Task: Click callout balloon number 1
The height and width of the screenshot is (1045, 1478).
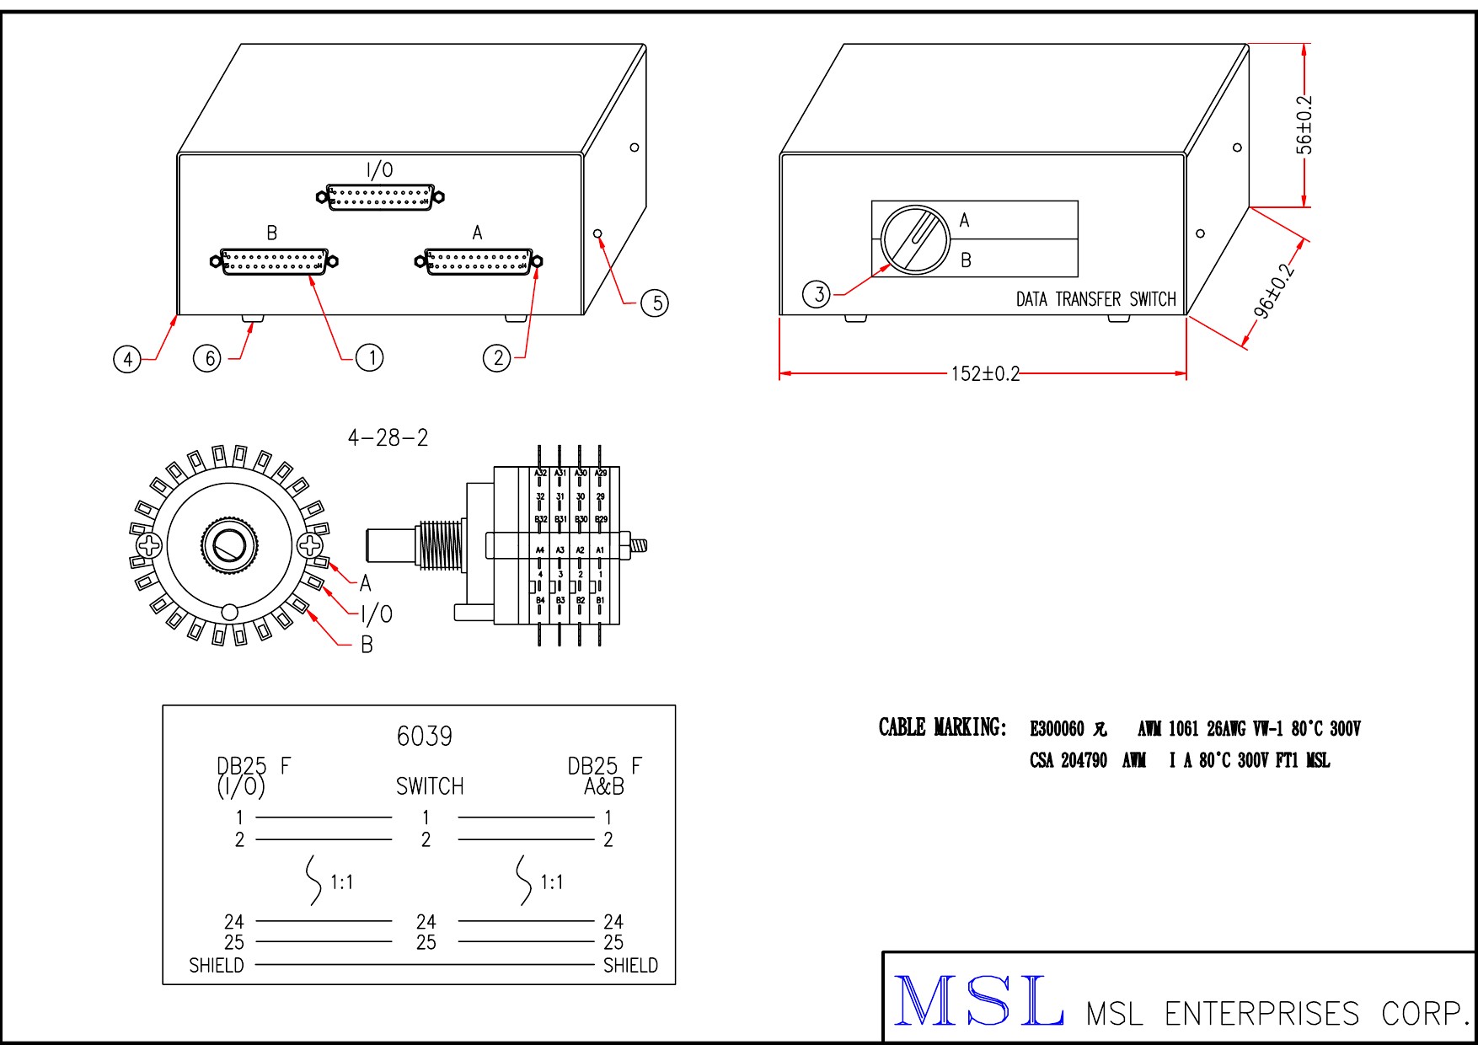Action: tap(371, 358)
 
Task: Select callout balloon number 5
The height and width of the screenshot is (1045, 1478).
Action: tap(655, 303)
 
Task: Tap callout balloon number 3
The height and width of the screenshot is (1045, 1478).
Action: tap(817, 294)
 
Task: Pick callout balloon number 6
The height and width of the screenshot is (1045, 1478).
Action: tap(207, 358)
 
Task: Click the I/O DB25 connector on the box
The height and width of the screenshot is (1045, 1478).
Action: tap(380, 197)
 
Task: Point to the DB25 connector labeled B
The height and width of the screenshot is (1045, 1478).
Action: tap(274, 261)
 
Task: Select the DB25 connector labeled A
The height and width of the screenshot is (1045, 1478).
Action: tap(479, 261)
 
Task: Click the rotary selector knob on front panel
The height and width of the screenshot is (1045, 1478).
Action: tap(915, 239)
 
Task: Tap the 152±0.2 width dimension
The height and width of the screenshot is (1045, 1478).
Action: tap(984, 373)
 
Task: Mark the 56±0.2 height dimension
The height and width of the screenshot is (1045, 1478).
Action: tap(1304, 125)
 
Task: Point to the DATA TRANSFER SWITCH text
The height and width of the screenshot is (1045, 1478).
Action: tap(1095, 299)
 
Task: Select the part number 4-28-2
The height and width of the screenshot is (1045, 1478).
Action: tap(388, 438)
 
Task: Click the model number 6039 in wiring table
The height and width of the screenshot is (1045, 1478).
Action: tap(424, 737)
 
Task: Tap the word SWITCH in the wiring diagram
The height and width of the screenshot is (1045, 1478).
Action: tap(430, 786)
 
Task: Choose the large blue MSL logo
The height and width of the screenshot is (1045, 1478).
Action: tap(978, 1001)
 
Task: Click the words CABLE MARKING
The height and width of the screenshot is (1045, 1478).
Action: tap(942, 727)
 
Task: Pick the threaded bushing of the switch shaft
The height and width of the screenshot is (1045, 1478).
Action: tap(440, 544)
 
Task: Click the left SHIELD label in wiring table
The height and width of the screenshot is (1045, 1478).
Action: tap(217, 966)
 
